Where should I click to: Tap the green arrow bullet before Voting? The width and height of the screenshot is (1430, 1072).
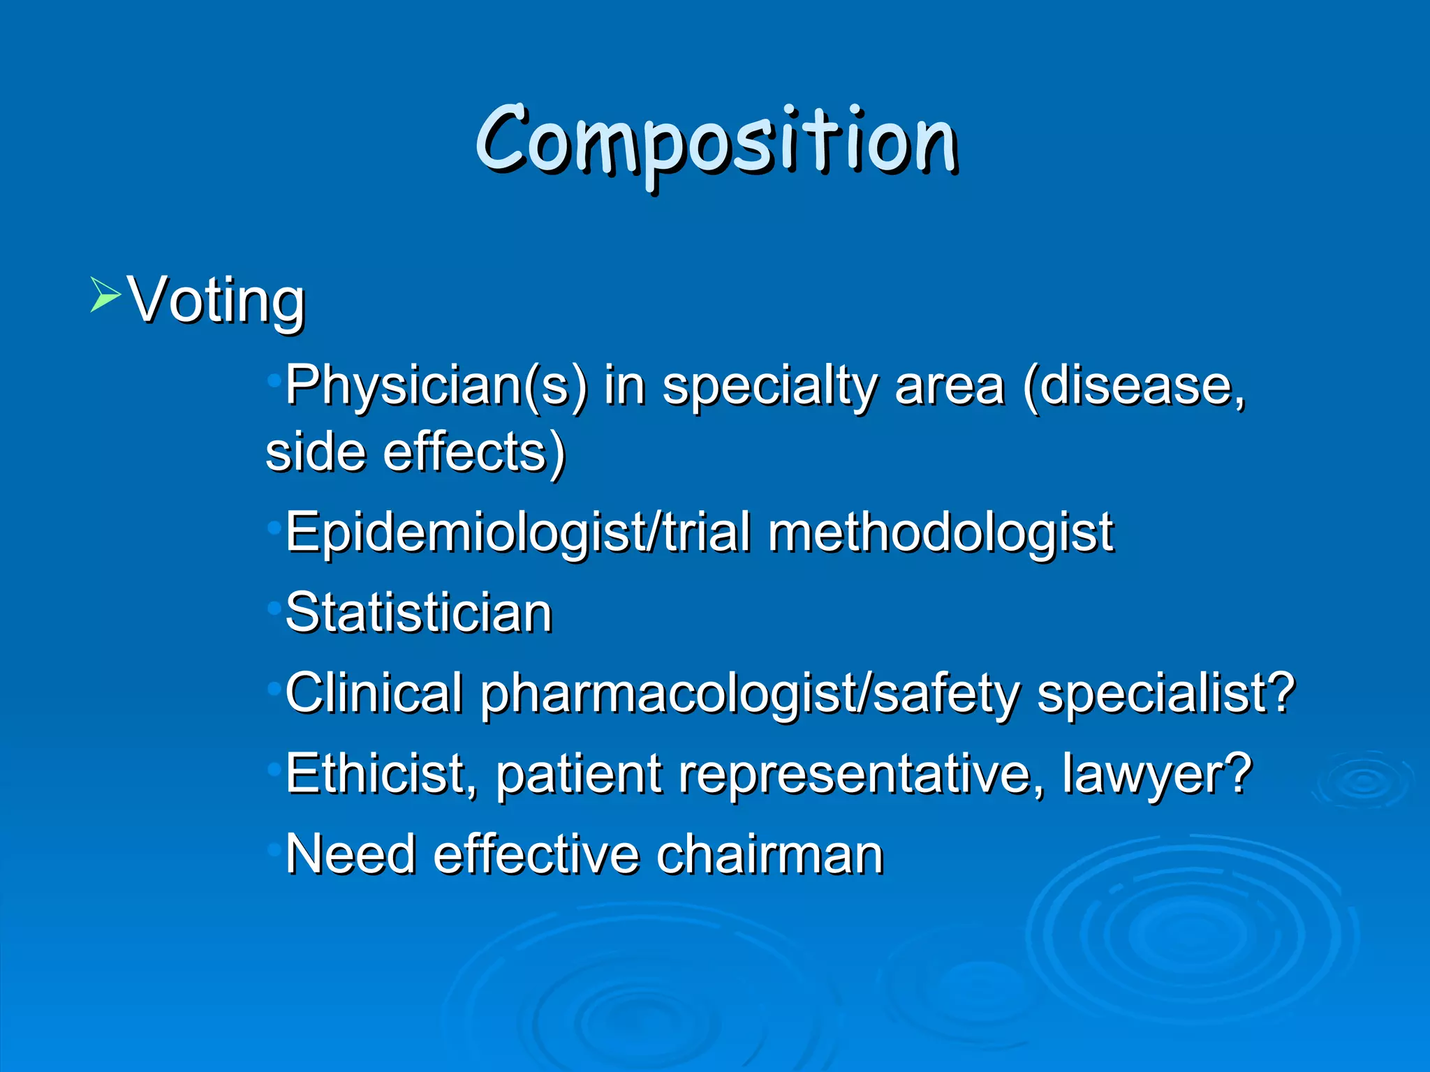105,294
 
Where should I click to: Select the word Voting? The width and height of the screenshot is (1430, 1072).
217,300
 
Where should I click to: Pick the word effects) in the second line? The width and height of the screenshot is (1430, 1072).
474,452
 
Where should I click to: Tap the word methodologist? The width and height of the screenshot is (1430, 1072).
940,533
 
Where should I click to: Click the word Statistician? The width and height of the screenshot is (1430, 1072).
419,613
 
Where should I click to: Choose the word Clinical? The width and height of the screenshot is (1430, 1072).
374,693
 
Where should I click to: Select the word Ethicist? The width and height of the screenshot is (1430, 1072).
381,774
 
